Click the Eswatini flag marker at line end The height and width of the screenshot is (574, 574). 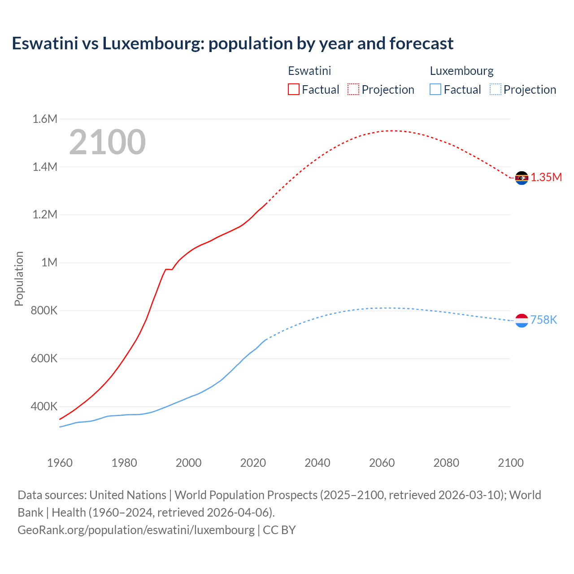click(x=522, y=178)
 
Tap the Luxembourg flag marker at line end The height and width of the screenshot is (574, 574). click(x=522, y=320)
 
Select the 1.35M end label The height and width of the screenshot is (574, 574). click(x=546, y=177)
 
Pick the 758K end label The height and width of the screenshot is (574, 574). click(x=544, y=320)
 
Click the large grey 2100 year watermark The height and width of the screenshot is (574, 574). click(x=107, y=142)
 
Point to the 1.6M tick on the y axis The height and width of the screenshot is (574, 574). click(x=45, y=119)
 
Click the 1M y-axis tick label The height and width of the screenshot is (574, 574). click(x=49, y=262)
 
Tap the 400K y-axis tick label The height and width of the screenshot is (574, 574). click(x=44, y=407)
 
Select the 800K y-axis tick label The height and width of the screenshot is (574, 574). click(x=44, y=310)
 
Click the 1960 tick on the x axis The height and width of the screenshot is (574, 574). click(x=60, y=463)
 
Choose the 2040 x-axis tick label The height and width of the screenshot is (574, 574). click(x=317, y=463)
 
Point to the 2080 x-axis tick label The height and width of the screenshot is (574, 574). click(x=446, y=463)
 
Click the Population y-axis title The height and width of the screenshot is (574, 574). click(x=19, y=278)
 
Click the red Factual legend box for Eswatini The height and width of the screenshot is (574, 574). click(x=294, y=89)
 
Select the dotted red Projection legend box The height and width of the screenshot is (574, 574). click(x=353, y=89)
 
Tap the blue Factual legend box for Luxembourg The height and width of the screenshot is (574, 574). click(x=435, y=89)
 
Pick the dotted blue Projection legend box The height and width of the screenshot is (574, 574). click(x=496, y=89)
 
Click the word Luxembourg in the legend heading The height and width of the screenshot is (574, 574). click(x=461, y=71)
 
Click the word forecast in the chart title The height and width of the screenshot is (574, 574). click(x=422, y=43)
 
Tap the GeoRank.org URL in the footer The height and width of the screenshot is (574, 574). click(x=136, y=530)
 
